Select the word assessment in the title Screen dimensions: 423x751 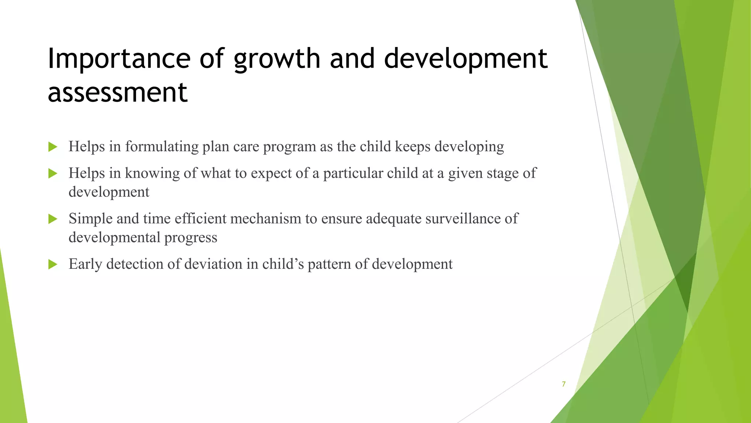[x=117, y=92]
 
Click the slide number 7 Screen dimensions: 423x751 [x=564, y=384]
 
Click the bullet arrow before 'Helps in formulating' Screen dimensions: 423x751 [x=53, y=147]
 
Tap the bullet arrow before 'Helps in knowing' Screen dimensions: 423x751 [x=53, y=174]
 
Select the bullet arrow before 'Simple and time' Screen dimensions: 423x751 [x=53, y=219]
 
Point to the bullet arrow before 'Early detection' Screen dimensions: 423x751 [x=53, y=264]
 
